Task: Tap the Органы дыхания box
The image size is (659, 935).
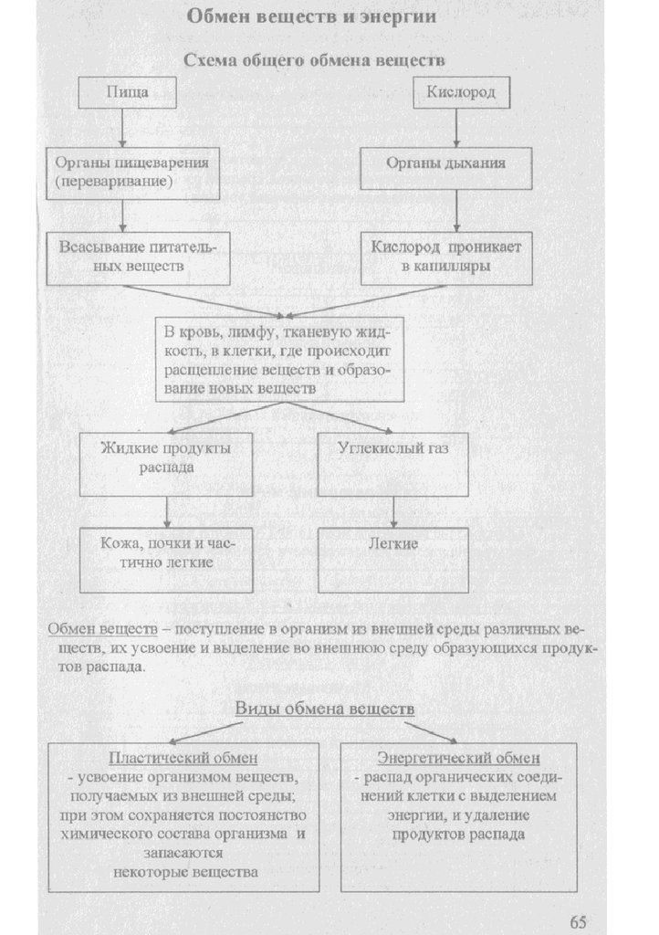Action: coord(445,167)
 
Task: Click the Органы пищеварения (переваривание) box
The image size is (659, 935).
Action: coord(125,171)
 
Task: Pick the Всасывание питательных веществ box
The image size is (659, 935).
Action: coord(125,257)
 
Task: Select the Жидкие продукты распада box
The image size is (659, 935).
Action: coord(166,463)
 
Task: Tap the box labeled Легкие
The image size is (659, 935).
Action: coord(393,559)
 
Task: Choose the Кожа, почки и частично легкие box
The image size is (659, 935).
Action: coord(166,559)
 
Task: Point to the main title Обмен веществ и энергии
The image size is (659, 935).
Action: coord(311,16)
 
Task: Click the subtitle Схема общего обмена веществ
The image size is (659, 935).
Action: coord(314,61)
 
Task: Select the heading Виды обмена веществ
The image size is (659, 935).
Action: coord(325,709)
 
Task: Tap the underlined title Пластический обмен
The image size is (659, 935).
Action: coord(183,759)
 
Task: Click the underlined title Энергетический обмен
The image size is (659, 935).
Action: coord(458,759)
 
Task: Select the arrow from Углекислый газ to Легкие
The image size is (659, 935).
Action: coord(393,511)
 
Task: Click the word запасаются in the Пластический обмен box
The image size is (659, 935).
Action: coord(183,854)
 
